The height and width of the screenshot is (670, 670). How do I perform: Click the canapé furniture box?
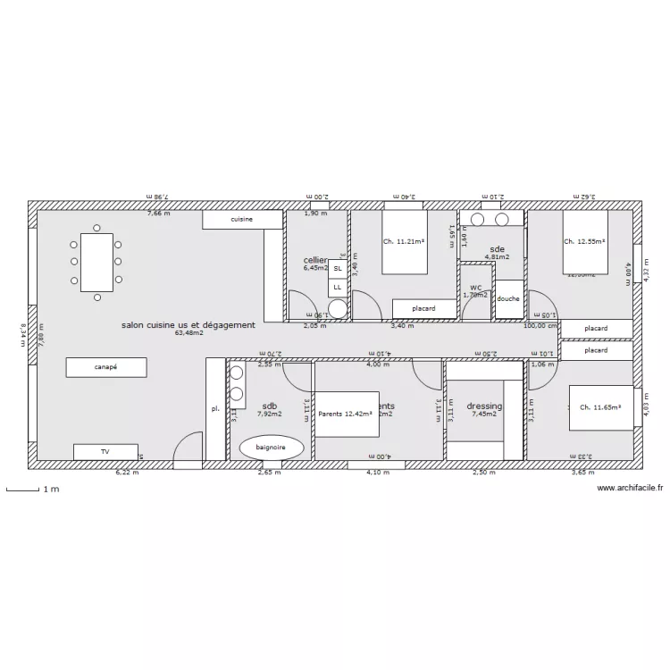pyautogui.click(x=106, y=366)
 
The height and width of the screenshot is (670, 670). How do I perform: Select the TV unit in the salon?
pyautogui.click(x=105, y=452)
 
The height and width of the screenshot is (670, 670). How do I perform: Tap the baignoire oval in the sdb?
pyautogui.click(x=272, y=447)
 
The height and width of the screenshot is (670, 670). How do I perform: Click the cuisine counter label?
pyautogui.click(x=242, y=219)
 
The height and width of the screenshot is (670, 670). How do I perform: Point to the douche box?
pyautogui.click(x=508, y=299)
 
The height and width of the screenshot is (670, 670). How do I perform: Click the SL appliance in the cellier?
pyautogui.click(x=338, y=268)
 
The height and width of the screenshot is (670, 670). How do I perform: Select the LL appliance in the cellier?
pyautogui.click(x=338, y=287)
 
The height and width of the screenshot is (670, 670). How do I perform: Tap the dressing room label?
pyautogui.click(x=484, y=406)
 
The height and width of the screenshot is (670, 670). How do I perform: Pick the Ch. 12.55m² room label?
pyautogui.click(x=584, y=241)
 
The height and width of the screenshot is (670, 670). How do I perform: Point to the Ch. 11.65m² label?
pyautogui.click(x=600, y=407)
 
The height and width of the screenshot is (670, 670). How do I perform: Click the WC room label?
pyautogui.click(x=475, y=288)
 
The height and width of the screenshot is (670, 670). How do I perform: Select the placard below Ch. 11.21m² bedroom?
pyautogui.click(x=423, y=309)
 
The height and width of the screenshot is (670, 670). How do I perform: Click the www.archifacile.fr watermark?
pyautogui.click(x=630, y=489)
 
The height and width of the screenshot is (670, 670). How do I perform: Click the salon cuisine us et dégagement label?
pyautogui.click(x=188, y=325)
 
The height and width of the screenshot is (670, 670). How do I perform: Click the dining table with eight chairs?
pyautogui.click(x=97, y=263)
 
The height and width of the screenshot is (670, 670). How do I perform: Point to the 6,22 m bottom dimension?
pyautogui.click(x=128, y=473)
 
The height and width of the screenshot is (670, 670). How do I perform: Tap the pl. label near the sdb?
pyautogui.click(x=214, y=408)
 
